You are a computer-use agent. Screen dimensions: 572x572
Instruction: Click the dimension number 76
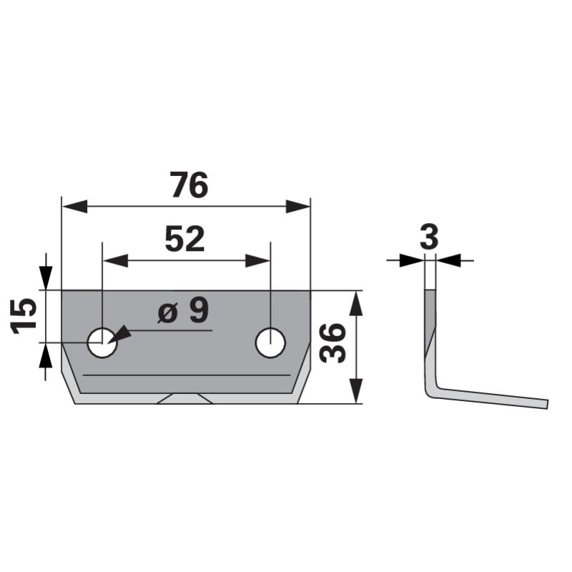(189, 185)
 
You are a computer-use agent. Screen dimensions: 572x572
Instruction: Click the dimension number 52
(185, 240)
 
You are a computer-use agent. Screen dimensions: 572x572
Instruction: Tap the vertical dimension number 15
(24, 316)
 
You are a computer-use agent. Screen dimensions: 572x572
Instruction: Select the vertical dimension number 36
(332, 343)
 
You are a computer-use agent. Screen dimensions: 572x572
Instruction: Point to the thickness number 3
(429, 237)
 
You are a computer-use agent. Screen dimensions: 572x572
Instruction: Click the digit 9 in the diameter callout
(199, 310)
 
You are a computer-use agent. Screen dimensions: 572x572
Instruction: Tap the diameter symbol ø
(167, 313)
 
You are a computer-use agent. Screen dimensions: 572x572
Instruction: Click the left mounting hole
(102, 342)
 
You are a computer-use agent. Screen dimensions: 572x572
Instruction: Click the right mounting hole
(270, 342)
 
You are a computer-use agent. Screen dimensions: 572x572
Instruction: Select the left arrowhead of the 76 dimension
(75, 207)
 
